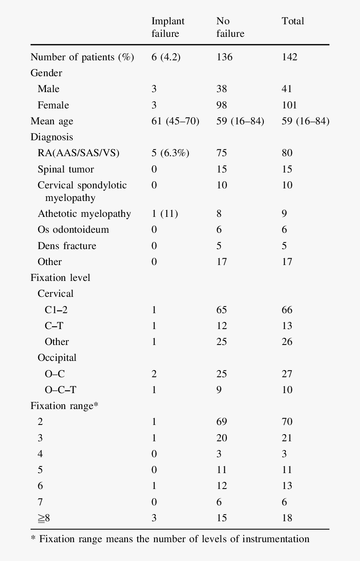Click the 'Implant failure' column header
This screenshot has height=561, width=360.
[x=168, y=27]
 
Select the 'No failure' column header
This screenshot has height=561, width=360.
[x=230, y=27]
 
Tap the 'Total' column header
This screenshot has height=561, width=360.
[x=293, y=21]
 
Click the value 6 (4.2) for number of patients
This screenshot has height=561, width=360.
[x=166, y=57]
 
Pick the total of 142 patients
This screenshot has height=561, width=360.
[x=289, y=57]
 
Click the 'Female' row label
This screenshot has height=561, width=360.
[x=53, y=105]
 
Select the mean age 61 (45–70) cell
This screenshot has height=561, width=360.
[x=175, y=121]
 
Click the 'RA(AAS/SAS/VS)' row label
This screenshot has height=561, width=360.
[x=78, y=153]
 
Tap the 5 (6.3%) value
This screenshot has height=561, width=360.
[x=170, y=153]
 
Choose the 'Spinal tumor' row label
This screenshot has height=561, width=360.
[x=66, y=169]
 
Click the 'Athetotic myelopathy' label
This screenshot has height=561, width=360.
[x=84, y=214]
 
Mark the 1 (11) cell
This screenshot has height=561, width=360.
[x=165, y=214]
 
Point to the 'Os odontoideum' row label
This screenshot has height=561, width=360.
[x=73, y=230]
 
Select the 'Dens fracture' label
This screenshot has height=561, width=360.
[x=67, y=246]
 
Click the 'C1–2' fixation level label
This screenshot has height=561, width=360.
[x=56, y=310]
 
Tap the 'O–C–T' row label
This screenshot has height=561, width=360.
[x=61, y=390]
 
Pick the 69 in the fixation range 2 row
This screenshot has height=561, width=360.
[x=221, y=422]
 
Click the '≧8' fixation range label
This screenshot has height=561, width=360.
[x=44, y=518]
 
